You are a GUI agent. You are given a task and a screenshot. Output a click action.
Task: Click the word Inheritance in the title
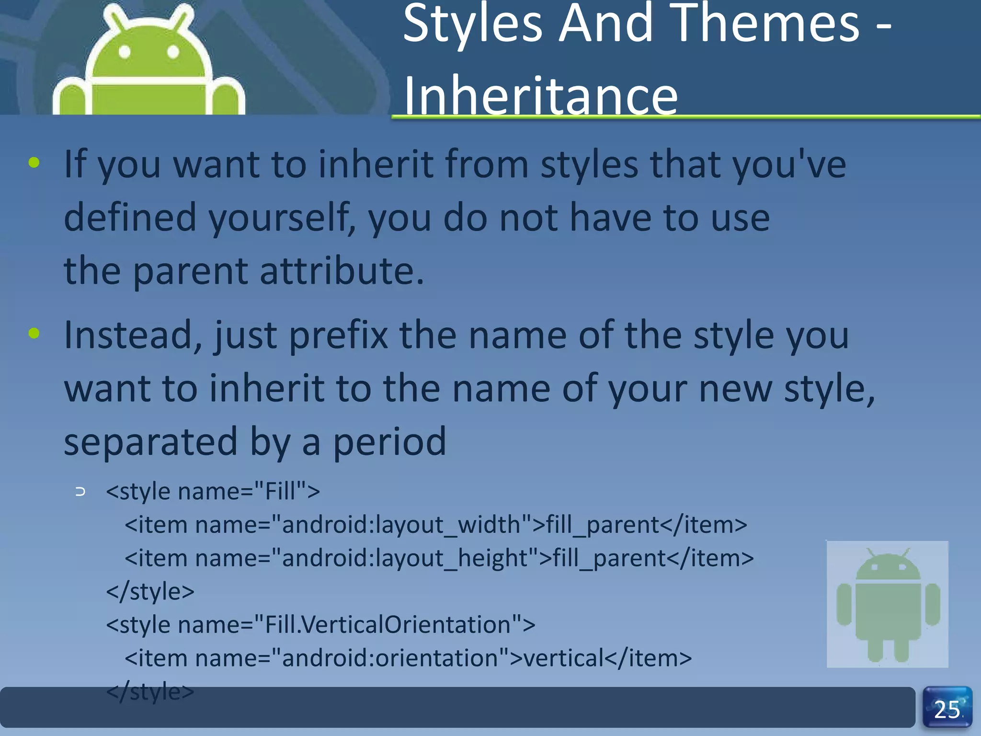pos(540,96)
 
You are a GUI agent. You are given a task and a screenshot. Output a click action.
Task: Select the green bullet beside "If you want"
pos(34,162)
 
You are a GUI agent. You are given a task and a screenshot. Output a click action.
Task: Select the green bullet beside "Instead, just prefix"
pos(34,333)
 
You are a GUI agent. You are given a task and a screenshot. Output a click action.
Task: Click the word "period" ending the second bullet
pos(389,442)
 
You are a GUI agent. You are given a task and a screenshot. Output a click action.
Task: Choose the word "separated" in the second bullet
pos(150,442)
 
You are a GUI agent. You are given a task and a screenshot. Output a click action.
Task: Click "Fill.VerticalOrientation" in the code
pos(387,625)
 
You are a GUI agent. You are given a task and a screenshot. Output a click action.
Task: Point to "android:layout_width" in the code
pos(401,525)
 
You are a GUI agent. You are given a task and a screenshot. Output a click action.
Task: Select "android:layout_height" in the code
pos(405,558)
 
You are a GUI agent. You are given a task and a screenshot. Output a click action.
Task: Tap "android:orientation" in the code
pos(389,658)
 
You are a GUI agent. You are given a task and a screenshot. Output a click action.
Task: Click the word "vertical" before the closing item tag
pos(563,658)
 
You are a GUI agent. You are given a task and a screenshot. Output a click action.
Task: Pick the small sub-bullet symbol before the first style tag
pos(80,492)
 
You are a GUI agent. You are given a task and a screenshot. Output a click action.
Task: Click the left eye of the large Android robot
pos(125,51)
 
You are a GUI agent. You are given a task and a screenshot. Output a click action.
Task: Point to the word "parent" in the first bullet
pos(190,271)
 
